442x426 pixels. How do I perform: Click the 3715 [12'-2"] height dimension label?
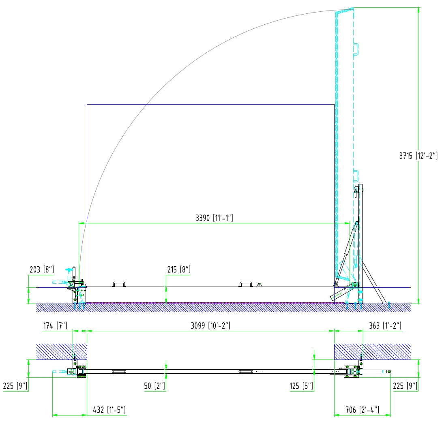[418, 156]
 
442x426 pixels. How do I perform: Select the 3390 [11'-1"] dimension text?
[214, 218]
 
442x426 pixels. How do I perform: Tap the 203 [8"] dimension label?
[42, 270]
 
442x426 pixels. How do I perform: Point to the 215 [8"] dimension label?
[179, 270]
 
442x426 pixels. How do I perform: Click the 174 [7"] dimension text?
[55, 326]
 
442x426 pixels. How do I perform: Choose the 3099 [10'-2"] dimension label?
[210, 326]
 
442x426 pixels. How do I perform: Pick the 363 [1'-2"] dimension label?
[385, 326]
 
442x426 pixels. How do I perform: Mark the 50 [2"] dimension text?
[154, 386]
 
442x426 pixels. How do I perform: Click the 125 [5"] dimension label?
[301, 386]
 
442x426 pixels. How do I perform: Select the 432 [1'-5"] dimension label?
[109, 410]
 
